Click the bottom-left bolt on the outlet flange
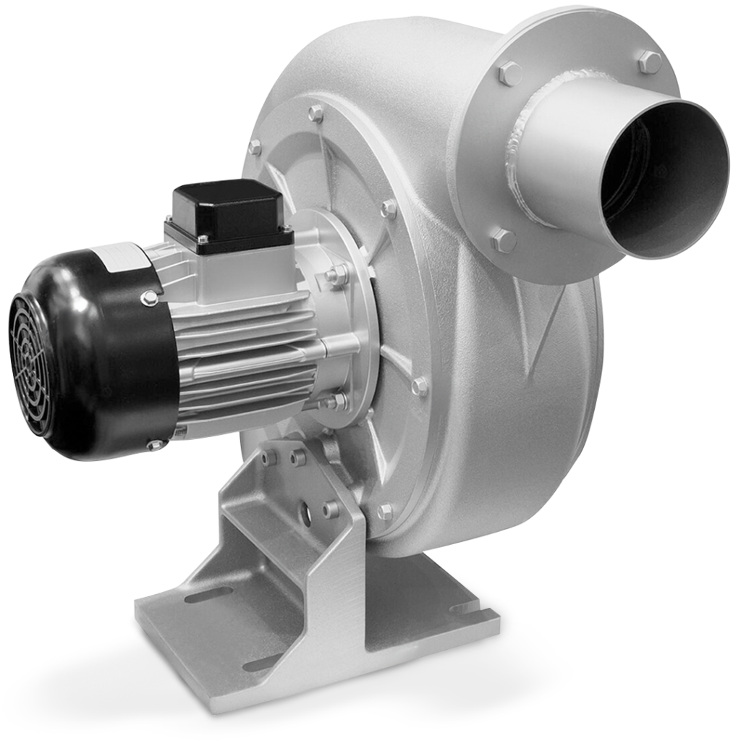pos(503,240)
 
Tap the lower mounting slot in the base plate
pos(264,662)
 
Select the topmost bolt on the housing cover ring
pos(316,113)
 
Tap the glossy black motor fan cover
pos(109,347)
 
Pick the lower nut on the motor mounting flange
pos(337,400)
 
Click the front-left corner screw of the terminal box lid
pos(203,240)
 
